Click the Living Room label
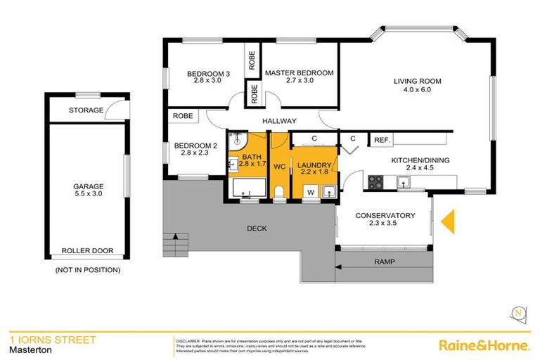pos(417,81)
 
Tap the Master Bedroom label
pos(298,72)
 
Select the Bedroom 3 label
pos(207,73)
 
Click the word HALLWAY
pos(279,121)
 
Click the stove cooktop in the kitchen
pos(375,182)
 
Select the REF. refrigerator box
pos(382,140)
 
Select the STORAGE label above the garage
pos(86,110)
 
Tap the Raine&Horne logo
pos(484,345)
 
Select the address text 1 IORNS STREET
pos(52,340)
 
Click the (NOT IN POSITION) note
pos(87,269)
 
